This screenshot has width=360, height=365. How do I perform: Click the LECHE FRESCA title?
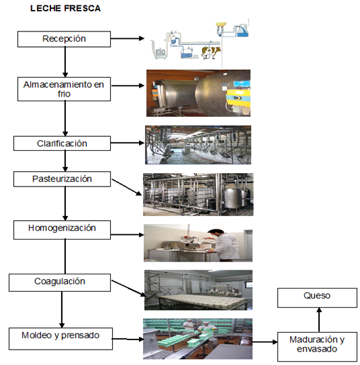tap(65, 8)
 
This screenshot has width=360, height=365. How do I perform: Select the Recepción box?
tap(64, 39)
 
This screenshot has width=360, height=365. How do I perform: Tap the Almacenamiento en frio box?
tap(64, 89)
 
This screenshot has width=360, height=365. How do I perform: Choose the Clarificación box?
tap(62, 144)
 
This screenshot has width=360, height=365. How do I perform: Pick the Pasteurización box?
tap(62, 179)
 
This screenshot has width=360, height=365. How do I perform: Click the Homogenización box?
tap(62, 229)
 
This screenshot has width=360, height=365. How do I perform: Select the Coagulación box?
tap(60, 282)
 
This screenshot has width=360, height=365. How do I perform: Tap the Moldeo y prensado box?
tap(60, 339)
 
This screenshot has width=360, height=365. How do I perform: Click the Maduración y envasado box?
tap(317, 347)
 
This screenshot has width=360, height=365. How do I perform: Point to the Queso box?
tap(317, 298)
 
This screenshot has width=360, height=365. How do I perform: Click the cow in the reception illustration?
tap(211, 52)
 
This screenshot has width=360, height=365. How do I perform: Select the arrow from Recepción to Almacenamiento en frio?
tap(65, 62)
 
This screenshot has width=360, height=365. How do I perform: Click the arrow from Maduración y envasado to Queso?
tap(319, 320)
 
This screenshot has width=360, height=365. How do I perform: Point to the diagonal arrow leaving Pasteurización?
tap(126, 187)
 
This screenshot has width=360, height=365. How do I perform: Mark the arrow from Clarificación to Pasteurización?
tap(65, 161)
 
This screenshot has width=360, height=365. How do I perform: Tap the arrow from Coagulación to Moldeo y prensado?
tap(62, 309)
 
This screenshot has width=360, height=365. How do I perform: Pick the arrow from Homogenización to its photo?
tap(128, 235)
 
